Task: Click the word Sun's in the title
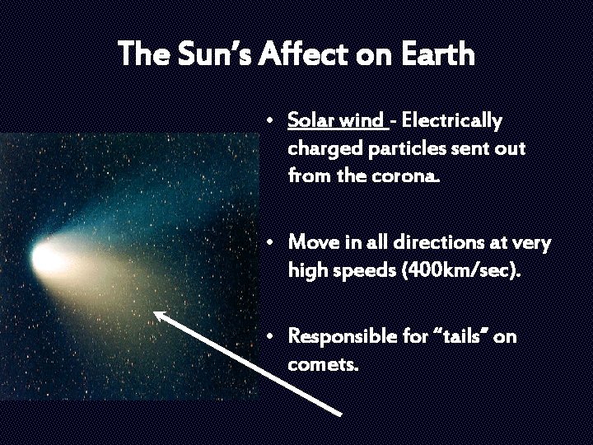pos(216,54)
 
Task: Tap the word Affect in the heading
pos(309,54)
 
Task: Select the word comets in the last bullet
pos(323,363)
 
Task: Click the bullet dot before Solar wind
pos(270,121)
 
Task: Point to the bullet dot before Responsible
pos(270,336)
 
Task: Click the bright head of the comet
pos(46,252)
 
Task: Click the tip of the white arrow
pos(156,312)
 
